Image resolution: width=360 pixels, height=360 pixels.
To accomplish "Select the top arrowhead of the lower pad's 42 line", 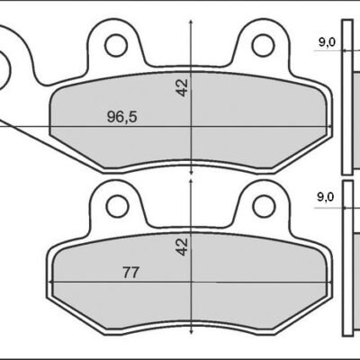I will point(191,181).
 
